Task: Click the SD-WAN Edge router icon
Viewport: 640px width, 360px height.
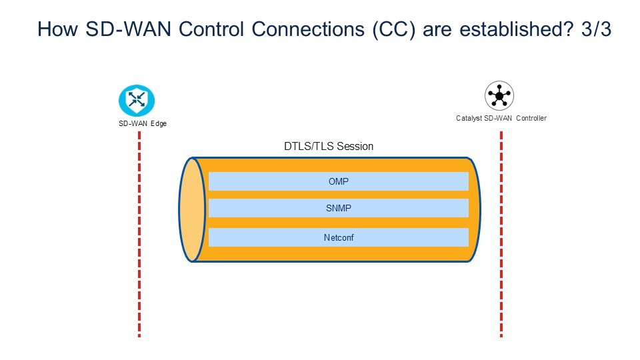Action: pos(137,99)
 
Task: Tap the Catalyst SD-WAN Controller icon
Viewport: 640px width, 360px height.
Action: pos(499,96)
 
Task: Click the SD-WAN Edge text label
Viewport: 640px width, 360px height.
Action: pos(138,124)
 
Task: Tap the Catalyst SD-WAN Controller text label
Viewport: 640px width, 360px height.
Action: pos(501,119)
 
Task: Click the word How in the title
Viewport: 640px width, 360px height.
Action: pos(55,30)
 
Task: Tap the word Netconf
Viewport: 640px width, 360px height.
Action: pos(339,237)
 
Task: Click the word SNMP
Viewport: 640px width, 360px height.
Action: pos(339,208)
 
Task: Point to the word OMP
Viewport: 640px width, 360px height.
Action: pos(339,181)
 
